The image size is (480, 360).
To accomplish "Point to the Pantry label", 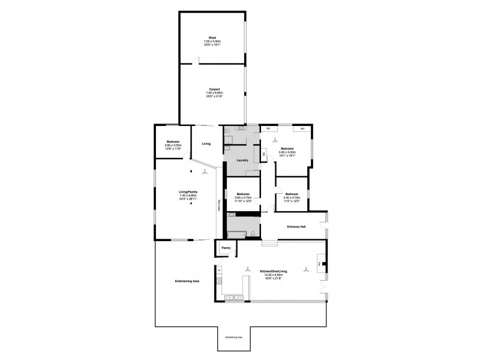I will (x=226, y=247).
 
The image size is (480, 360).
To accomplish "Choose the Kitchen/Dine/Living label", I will (x=274, y=271).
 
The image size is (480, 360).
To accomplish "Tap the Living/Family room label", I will (x=188, y=191).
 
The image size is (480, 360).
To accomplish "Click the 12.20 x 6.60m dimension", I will (x=274, y=275).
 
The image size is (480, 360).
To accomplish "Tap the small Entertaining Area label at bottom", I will (x=233, y=338).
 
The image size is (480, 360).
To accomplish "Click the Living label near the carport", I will (x=206, y=144).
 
